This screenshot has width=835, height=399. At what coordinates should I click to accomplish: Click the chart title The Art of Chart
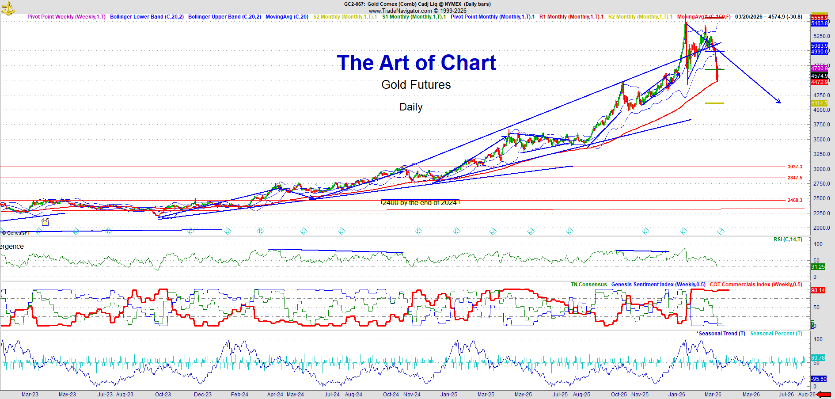(x=416, y=63)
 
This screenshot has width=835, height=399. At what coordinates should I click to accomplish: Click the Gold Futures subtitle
(x=416, y=85)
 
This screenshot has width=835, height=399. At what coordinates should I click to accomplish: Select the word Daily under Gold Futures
(x=411, y=107)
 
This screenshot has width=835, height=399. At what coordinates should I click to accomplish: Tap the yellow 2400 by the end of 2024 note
(x=420, y=202)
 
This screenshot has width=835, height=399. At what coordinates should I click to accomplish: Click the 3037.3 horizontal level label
(x=794, y=167)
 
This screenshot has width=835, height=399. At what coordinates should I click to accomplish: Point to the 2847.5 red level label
(x=794, y=178)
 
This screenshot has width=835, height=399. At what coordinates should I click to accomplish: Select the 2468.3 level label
(x=794, y=200)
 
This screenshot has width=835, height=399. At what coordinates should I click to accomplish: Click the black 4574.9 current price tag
(x=819, y=76)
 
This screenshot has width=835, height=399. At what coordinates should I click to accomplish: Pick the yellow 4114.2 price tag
(x=819, y=103)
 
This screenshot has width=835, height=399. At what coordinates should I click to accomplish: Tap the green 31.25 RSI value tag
(x=818, y=267)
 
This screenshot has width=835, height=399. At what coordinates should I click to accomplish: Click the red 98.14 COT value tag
(x=818, y=290)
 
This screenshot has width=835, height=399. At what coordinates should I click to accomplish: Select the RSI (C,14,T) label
(x=788, y=239)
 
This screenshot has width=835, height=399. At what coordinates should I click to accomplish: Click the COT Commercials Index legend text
(x=756, y=285)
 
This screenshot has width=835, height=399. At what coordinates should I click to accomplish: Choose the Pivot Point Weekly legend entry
(x=66, y=17)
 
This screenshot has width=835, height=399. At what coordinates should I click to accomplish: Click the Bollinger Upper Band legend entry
(x=224, y=17)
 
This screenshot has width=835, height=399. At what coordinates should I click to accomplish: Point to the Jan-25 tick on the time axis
(x=449, y=395)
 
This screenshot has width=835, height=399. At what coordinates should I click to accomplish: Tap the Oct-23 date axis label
(x=163, y=395)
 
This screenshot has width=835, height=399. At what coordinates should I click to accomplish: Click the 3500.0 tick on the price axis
(x=822, y=140)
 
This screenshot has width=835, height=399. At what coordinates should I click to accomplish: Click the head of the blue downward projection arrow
(x=780, y=103)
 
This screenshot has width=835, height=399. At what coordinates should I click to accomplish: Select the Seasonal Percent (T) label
(x=776, y=334)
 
